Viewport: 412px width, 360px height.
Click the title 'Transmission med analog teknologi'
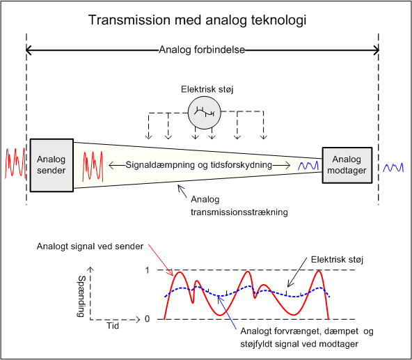click(198, 20)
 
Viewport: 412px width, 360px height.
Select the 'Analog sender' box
click(51, 165)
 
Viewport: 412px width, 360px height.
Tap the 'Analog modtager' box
click(347, 165)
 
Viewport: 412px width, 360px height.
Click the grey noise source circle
click(205, 113)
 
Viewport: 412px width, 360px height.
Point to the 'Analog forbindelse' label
click(202, 49)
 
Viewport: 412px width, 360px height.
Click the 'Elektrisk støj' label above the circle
click(207, 89)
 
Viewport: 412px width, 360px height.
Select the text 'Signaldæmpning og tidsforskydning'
click(198, 165)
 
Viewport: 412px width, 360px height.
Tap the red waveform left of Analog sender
click(15, 163)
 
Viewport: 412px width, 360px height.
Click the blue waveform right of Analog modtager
click(393, 168)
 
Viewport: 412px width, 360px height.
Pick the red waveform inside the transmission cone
click(93, 166)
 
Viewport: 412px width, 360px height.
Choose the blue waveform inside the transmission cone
click(308, 166)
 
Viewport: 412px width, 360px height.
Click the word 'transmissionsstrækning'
click(239, 212)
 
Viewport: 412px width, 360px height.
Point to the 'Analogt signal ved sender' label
click(90, 246)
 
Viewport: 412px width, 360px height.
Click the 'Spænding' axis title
click(81, 297)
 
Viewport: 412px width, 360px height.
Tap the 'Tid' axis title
click(113, 326)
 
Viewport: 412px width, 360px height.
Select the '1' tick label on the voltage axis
click(147, 270)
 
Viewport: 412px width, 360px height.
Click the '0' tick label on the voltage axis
click(147, 319)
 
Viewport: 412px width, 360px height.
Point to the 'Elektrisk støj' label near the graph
click(337, 260)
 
